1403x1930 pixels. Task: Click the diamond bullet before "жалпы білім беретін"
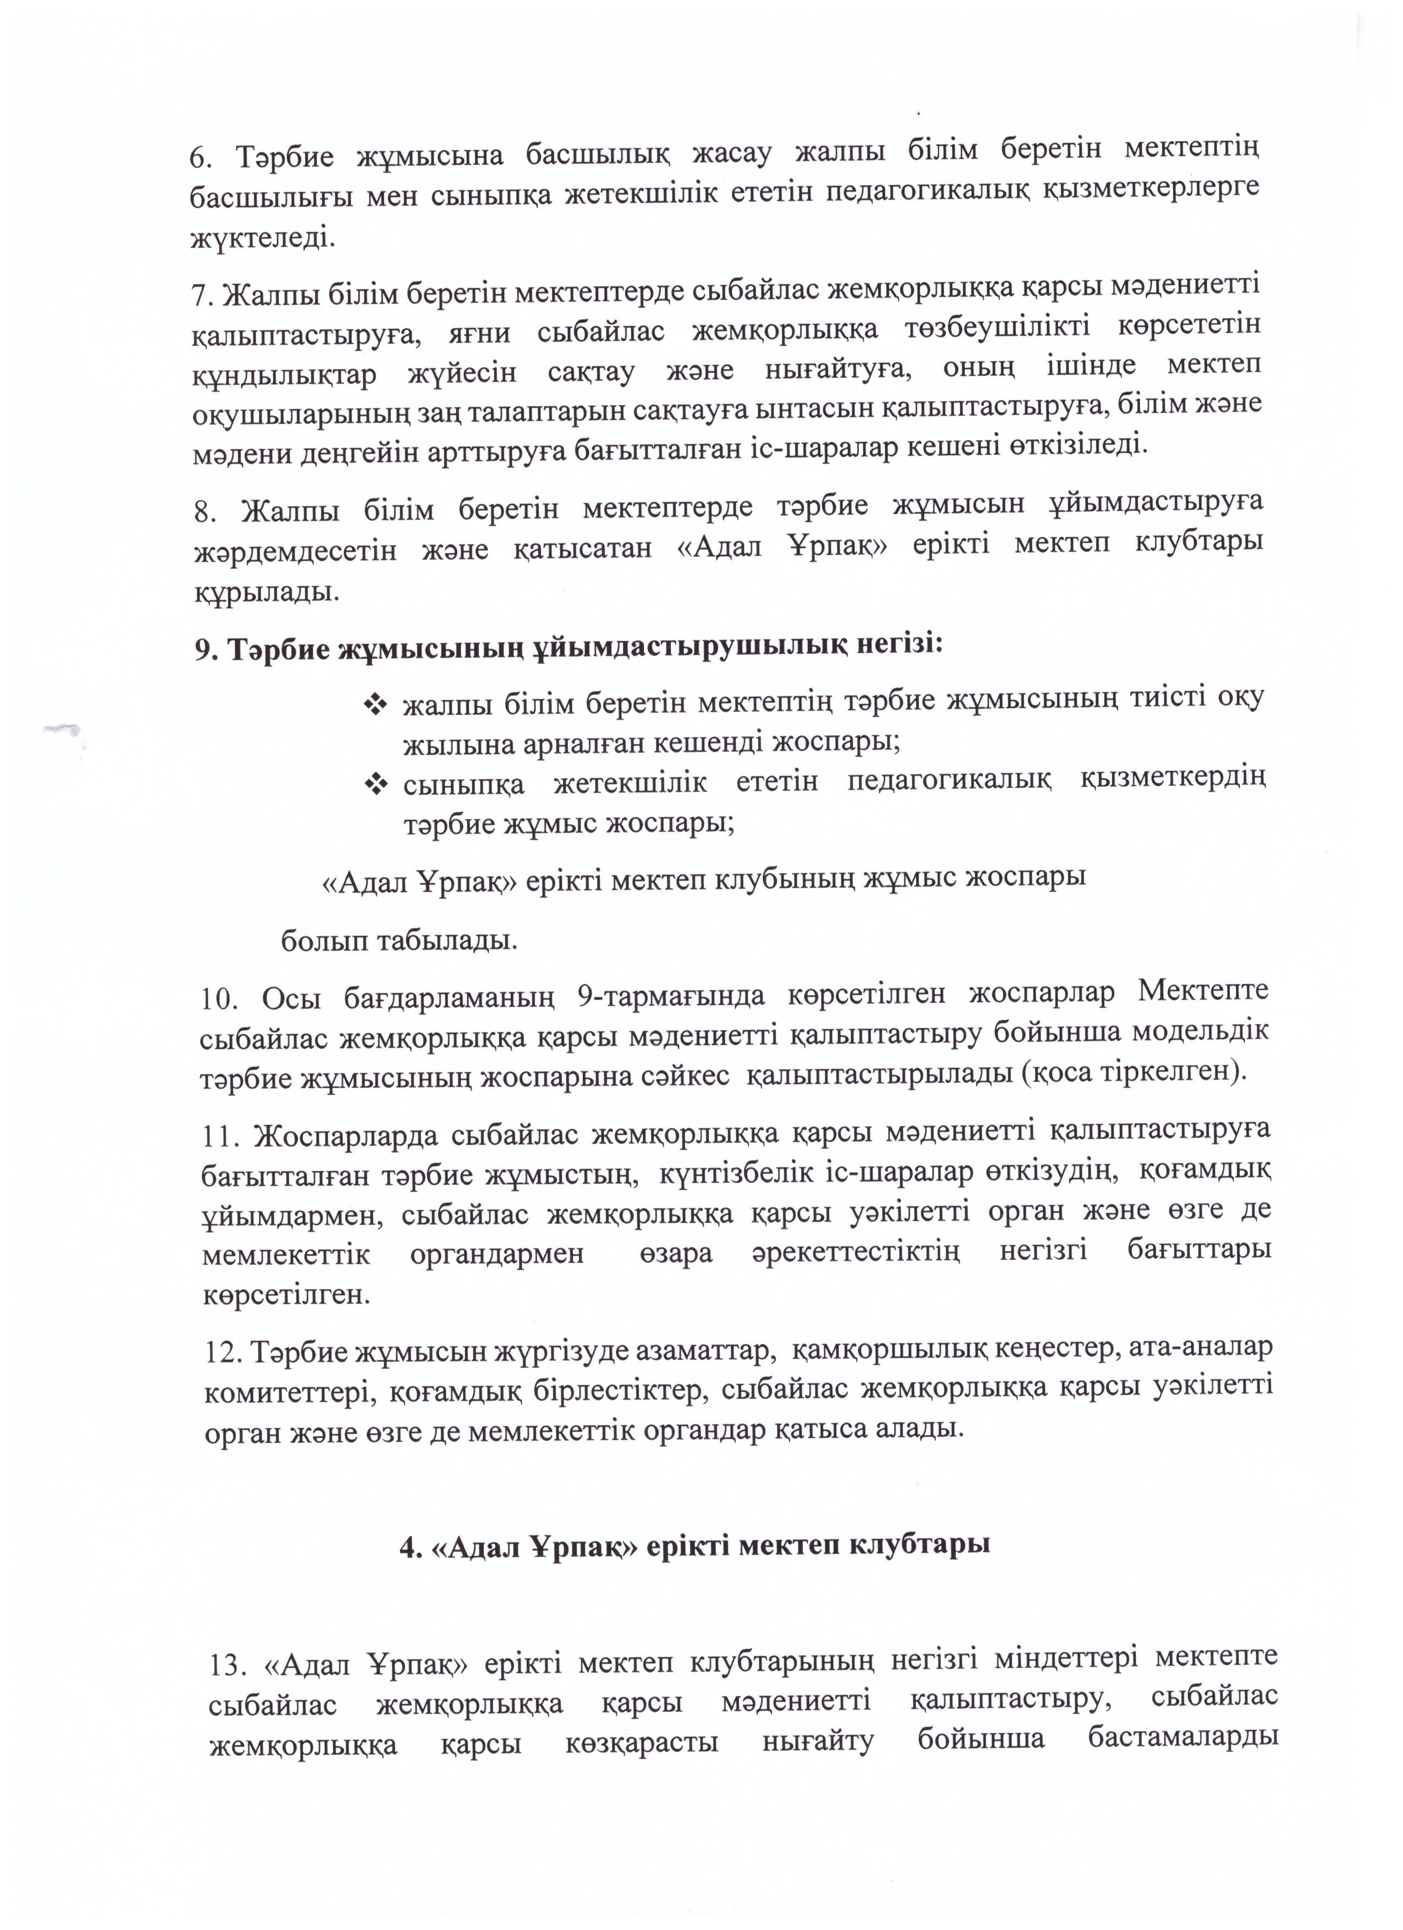375,704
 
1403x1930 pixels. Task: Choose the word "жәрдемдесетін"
295,550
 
